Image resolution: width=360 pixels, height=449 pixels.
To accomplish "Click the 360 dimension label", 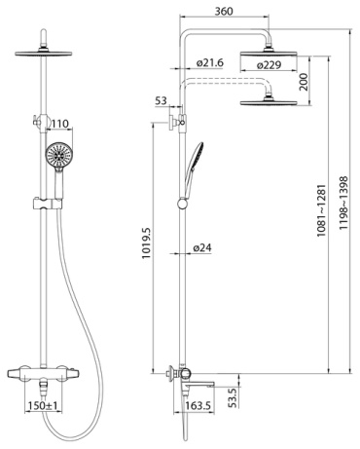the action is (224, 11).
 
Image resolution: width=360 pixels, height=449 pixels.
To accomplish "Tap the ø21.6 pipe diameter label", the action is (210, 62).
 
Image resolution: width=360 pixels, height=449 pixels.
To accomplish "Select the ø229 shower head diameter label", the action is (269, 65).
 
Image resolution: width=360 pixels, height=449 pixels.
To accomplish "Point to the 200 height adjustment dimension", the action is (304, 82).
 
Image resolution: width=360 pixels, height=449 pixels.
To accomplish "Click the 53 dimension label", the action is (161, 100).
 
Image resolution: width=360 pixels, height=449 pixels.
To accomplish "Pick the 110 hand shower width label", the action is (60, 124).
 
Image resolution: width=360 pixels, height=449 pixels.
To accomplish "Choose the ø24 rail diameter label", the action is (202, 248).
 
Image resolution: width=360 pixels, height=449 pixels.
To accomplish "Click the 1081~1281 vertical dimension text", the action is (321, 210).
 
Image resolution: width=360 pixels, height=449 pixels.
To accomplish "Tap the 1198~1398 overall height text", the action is (343, 204).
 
